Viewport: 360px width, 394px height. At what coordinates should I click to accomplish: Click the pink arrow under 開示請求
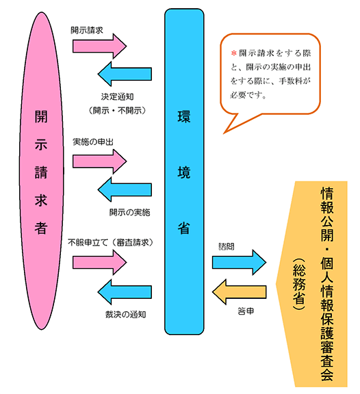pos(100,46)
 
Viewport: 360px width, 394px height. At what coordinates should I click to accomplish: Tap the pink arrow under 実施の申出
pos(100,160)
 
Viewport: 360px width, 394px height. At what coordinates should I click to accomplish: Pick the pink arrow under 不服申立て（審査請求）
pos(100,261)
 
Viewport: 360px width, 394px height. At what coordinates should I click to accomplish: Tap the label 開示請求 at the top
pos(87,31)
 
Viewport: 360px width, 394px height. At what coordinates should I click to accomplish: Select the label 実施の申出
pos(92,142)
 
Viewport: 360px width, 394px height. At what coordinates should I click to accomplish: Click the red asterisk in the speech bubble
pos(232,53)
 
